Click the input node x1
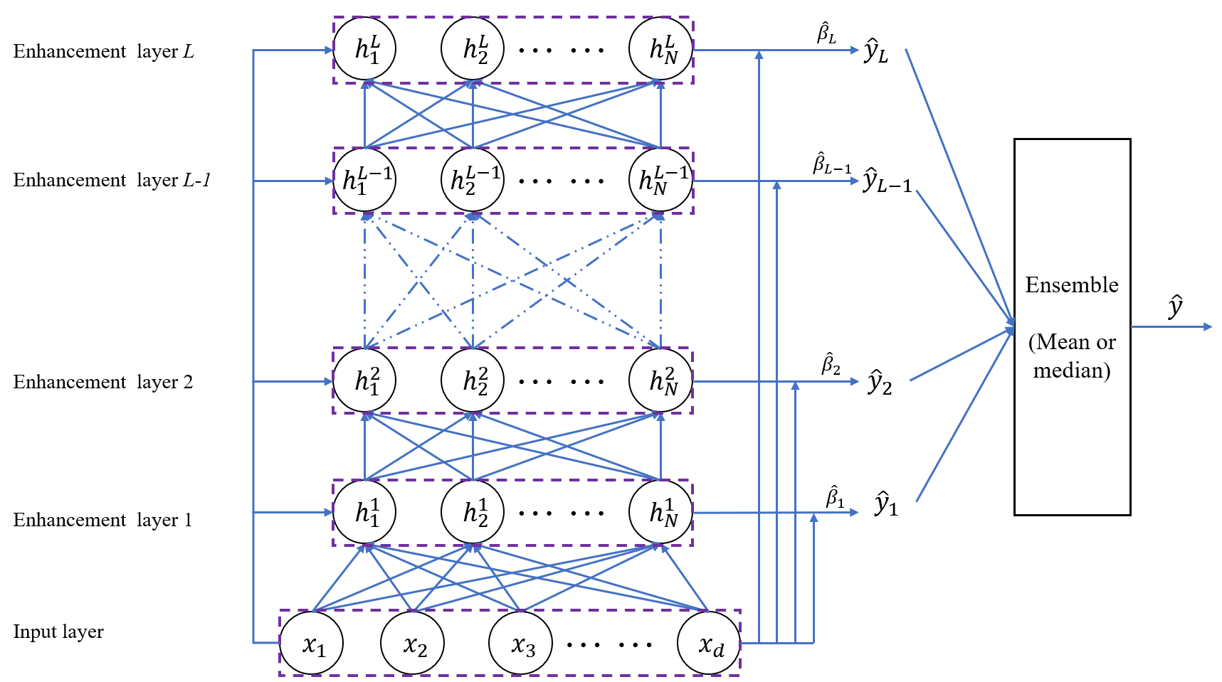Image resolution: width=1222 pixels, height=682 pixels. click(312, 644)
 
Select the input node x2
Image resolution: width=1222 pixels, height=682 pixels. click(413, 644)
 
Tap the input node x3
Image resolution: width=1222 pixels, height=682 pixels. click(521, 644)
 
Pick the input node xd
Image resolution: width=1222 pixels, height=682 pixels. click(710, 644)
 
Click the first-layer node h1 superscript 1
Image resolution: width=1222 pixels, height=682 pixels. click(364, 512)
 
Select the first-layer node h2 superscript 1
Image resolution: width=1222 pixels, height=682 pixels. click(473, 512)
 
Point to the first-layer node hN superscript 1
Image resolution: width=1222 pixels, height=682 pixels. click(661, 512)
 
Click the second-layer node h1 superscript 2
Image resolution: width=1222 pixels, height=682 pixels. click(364, 380)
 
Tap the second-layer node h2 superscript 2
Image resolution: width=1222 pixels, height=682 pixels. click(473, 380)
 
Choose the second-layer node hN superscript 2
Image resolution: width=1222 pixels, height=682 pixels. click(661, 380)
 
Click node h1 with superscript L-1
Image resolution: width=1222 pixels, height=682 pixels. click(364, 180)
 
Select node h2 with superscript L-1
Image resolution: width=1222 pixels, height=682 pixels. click(473, 180)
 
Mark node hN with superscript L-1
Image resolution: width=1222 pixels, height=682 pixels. click(661, 180)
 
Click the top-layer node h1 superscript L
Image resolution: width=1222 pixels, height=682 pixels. click(364, 48)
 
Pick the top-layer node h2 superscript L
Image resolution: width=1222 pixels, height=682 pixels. click(473, 48)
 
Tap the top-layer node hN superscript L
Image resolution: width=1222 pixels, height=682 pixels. click(661, 48)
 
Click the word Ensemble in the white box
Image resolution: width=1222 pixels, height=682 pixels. click(1071, 285)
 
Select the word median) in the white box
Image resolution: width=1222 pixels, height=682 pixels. click(1071, 371)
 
